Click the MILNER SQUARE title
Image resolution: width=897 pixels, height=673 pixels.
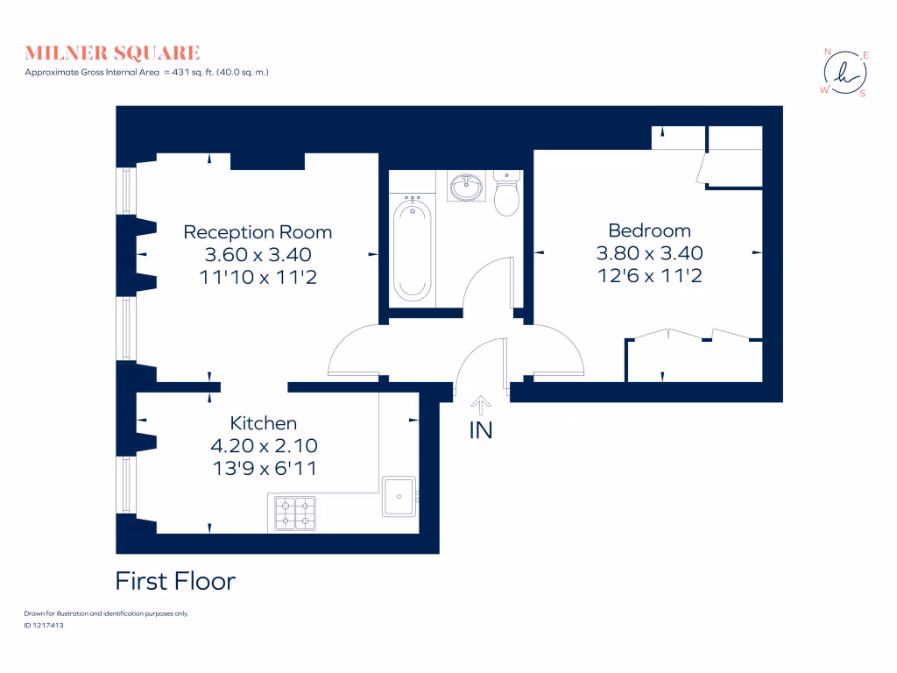point(112,53)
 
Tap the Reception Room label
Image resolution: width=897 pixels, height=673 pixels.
point(258,232)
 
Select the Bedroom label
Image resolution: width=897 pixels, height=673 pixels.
point(649,230)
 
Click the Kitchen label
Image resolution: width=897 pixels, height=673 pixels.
point(263,423)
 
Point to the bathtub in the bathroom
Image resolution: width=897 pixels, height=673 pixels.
point(412,249)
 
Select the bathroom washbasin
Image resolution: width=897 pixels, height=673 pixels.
point(465,187)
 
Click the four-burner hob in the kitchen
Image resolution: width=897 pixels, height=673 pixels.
point(295,514)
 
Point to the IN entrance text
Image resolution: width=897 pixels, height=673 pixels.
point(481,430)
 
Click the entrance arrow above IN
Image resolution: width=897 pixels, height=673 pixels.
point(481,404)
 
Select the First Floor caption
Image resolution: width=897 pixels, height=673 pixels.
point(175,581)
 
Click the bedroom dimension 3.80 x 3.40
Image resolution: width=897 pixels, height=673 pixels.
point(649,253)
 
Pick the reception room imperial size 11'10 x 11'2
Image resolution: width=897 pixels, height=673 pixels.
point(258,276)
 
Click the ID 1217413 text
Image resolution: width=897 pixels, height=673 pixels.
point(45,626)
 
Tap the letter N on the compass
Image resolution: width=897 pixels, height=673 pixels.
point(828,52)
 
